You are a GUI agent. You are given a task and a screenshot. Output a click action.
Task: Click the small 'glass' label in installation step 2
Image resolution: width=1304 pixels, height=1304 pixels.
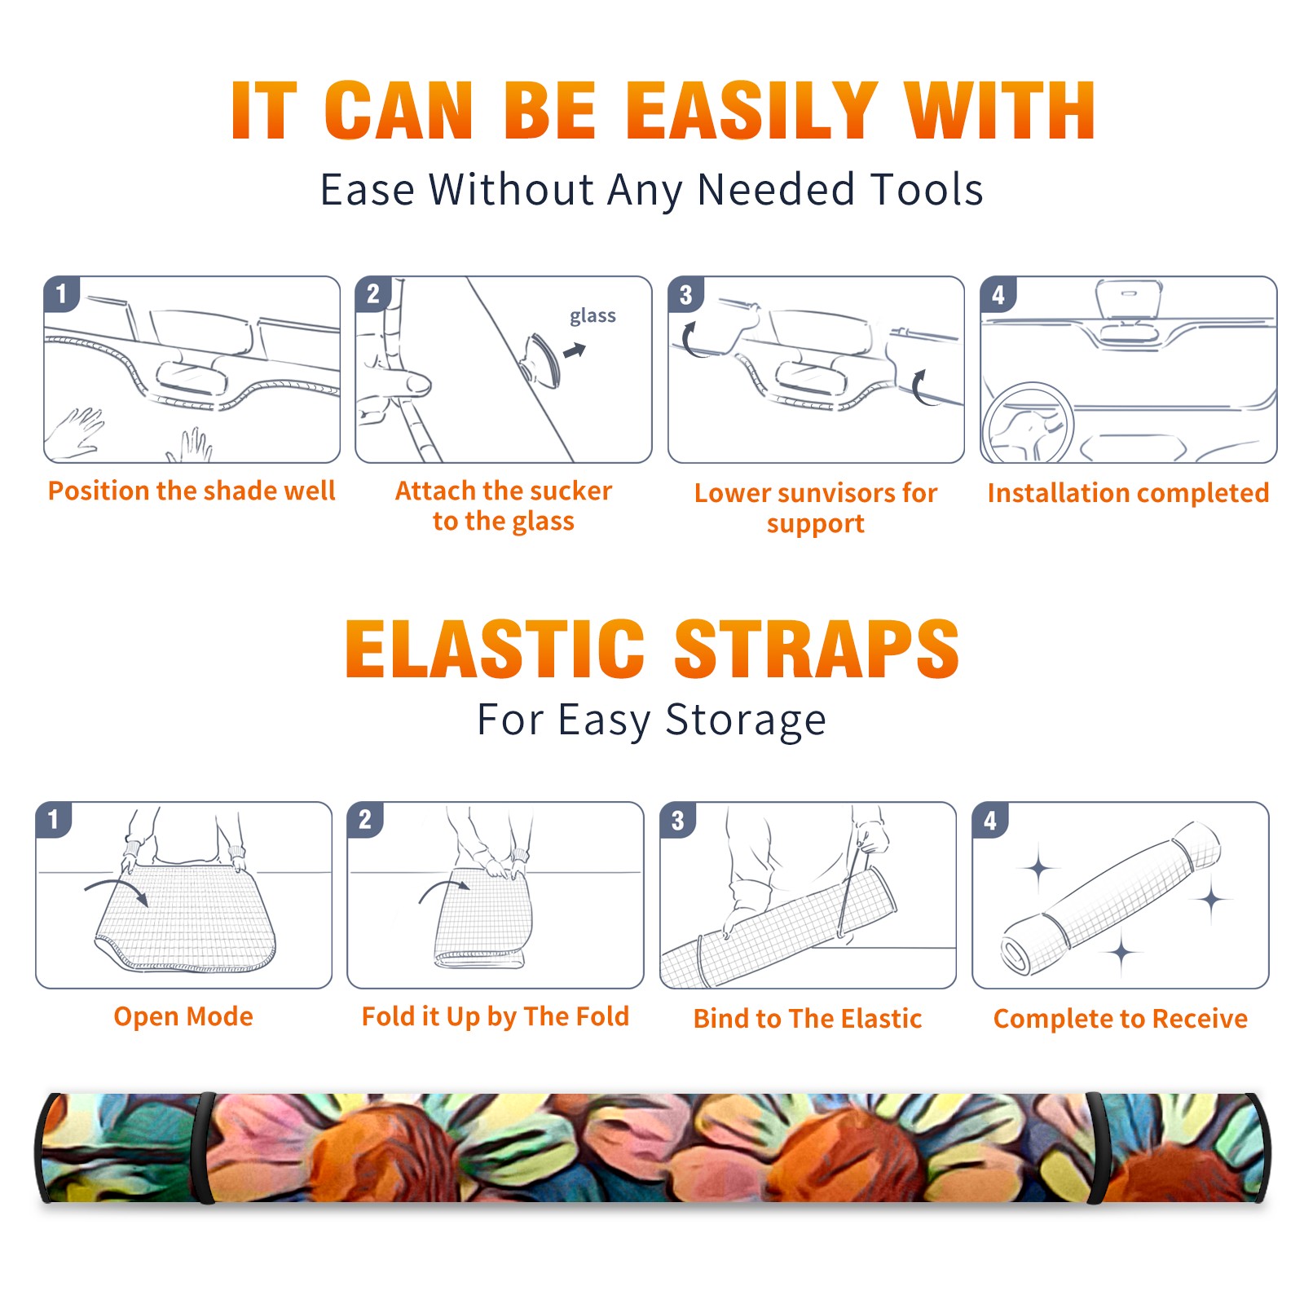tap(593, 315)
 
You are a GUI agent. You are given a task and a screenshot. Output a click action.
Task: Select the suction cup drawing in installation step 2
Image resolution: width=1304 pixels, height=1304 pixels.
tap(542, 360)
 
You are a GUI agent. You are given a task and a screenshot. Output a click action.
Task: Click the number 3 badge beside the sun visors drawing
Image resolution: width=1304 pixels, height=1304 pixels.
tap(685, 294)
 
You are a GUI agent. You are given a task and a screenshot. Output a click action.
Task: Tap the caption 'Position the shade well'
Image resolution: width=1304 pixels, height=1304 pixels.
tap(192, 491)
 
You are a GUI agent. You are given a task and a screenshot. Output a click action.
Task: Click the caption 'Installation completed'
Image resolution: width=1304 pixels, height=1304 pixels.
tap(1128, 493)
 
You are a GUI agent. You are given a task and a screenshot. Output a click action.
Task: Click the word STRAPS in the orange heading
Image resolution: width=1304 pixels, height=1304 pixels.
tap(817, 649)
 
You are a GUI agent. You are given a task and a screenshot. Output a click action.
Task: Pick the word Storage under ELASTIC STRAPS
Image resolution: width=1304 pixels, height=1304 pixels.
tap(746, 720)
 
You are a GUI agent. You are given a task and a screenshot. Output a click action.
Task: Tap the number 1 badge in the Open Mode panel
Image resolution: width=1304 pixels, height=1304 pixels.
tap(53, 819)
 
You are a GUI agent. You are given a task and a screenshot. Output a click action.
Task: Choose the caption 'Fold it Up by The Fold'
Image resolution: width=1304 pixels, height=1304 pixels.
tap(496, 1016)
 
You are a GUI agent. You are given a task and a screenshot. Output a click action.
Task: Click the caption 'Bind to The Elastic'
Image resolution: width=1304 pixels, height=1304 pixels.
tap(808, 1019)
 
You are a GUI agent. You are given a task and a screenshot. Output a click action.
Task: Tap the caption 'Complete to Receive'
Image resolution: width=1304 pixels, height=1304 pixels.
tap(1121, 1019)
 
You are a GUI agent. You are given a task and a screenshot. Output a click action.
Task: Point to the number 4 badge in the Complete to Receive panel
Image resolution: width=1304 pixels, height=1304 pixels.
tap(990, 819)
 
